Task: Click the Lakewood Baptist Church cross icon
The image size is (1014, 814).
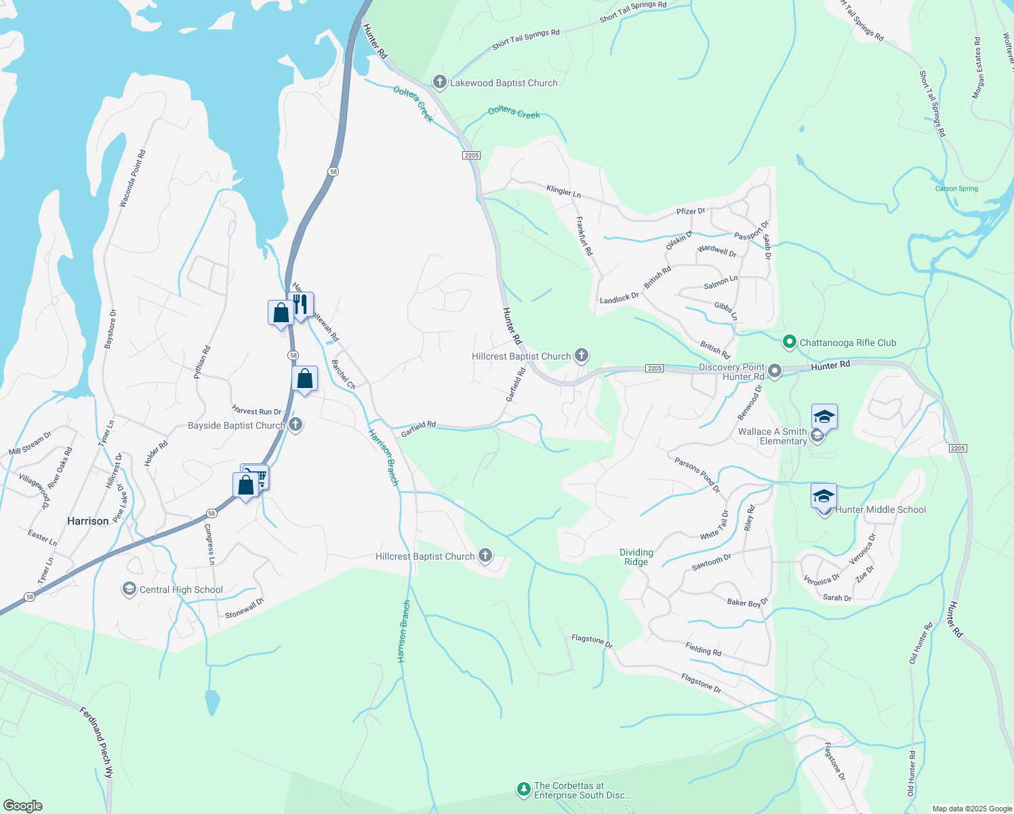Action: pos(439,83)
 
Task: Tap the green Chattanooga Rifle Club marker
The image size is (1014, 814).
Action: pos(789,343)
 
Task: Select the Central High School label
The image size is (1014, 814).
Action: pos(181,589)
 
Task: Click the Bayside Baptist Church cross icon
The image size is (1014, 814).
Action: pos(296,425)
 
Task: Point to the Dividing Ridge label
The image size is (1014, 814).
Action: pos(636,557)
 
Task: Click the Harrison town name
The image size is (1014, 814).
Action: pos(88,521)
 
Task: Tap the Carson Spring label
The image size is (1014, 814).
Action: pos(956,189)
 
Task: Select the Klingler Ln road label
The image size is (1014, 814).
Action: pos(563,191)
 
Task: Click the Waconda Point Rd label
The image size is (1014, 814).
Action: pos(132,178)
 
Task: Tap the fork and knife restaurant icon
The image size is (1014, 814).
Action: pos(301,305)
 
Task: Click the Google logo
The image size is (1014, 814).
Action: pos(22,805)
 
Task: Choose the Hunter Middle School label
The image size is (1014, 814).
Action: pos(880,509)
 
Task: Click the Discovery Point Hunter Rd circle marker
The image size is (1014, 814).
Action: pos(775,371)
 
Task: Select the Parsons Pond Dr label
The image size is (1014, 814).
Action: pos(697,475)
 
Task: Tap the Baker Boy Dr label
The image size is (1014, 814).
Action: pos(747,602)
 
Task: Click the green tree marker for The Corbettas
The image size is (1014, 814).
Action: pos(523,789)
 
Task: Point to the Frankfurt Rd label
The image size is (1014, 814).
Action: pos(584,235)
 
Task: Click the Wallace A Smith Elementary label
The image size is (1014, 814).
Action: pos(773,436)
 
